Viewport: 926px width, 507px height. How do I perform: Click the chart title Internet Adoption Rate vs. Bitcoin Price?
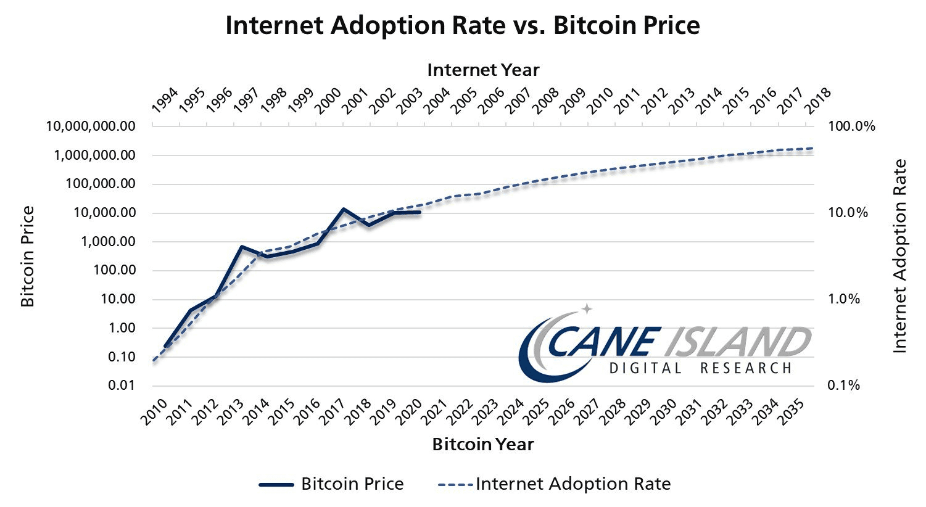463,26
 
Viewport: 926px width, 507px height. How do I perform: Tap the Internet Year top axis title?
483,70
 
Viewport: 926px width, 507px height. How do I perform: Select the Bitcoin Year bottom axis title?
483,444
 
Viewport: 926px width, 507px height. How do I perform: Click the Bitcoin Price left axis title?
28,256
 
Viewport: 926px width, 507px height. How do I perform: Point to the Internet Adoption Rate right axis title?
900,256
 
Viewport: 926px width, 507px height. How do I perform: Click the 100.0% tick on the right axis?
851,126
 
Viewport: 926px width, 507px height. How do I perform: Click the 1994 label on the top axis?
164,101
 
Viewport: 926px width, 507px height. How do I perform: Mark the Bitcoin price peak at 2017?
343,209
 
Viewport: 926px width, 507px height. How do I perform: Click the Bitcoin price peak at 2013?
242,247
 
